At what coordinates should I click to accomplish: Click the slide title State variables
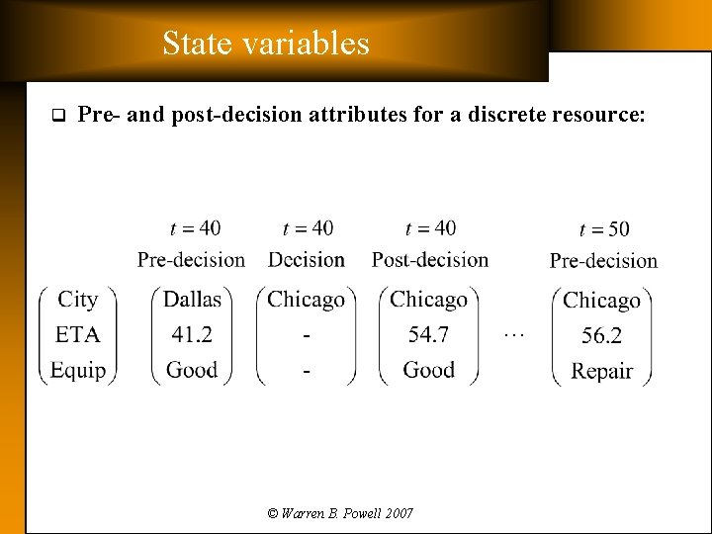[265, 44]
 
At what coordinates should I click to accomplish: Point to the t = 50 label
[603, 229]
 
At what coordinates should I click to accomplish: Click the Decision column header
[307, 260]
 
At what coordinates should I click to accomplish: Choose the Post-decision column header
[430, 260]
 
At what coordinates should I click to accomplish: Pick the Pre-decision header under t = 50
[603, 261]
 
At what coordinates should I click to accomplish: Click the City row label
[78, 300]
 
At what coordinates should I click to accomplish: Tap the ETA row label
[78, 335]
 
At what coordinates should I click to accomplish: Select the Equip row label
[78, 370]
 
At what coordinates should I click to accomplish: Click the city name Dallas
[193, 300]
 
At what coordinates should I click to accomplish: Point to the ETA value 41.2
[192, 335]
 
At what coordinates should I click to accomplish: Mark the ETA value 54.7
[429, 335]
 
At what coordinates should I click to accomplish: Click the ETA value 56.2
[601, 336]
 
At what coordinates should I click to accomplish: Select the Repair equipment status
[601, 372]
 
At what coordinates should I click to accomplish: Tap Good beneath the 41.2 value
[192, 370]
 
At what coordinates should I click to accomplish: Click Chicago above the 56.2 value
[601, 301]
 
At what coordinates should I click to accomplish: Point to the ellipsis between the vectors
[512, 335]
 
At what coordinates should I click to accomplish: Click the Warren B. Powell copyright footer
[340, 513]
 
